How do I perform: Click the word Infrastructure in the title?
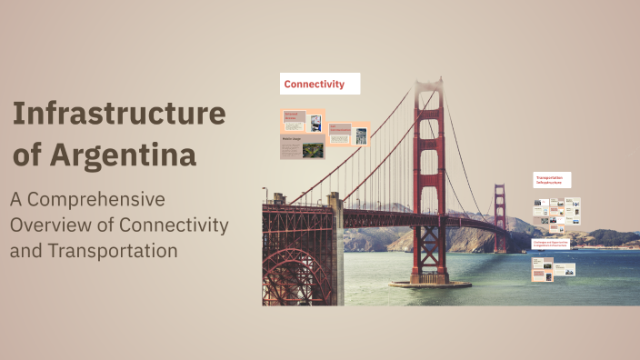click(118, 115)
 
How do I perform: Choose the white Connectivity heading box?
click(320, 84)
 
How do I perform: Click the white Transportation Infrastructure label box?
click(552, 180)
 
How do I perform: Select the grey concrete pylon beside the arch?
click(335, 250)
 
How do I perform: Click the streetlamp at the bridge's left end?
click(265, 195)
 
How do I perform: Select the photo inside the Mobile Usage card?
click(314, 149)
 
